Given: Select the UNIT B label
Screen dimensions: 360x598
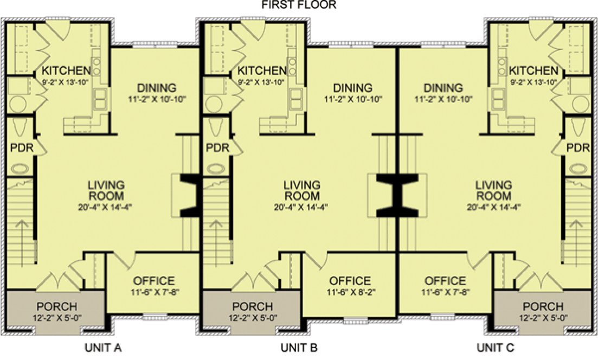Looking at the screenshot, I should click(x=299, y=347).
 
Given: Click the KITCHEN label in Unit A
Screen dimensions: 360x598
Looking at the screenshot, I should click(x=66, y=70).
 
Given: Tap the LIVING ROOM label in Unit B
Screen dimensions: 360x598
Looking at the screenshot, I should click(x=301, y=191).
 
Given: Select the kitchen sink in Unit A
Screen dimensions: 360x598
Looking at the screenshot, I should click(x=100, y=98).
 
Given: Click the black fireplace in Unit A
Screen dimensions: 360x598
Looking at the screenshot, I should click(x=190, y=195).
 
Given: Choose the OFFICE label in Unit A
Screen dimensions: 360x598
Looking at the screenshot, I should click(x=155, y=281).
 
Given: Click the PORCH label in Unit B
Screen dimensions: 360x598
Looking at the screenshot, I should click(x=253, y=307).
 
